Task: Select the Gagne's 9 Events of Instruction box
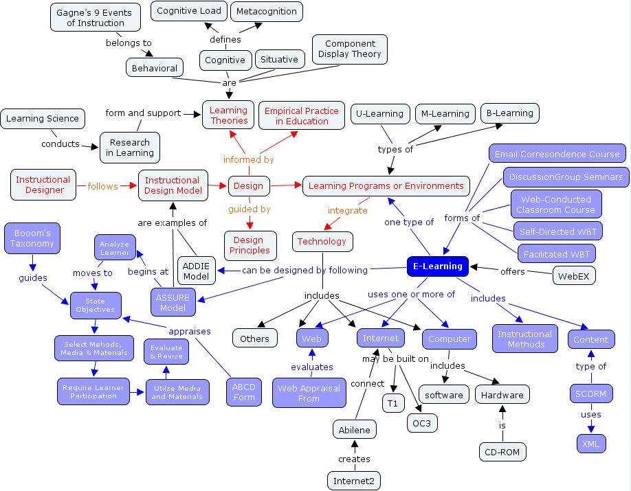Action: pyautogui.click(x=90, y=17)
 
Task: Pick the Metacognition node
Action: pyautogui.click(x=267, y=11)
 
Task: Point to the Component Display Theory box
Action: pyautogui.click(x=349, y=49)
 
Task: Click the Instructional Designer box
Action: pyautogui.click(x=43, y=185)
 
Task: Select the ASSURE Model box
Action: pyautogui.click(x=173, y=303)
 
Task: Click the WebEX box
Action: pyautogui.click(x=574, y=275)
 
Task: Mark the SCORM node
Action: pyautogui.click(x=590, y=393)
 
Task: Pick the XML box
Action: pyautogui.click(x=590, y=444)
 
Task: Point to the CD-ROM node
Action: pyautogui.click(x=502, y=451)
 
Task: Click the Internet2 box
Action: pyautogui.click(x=353, y=481)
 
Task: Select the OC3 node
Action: pyautogui.click(x=421, y=423)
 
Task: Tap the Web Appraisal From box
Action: pyautogui.click(x=309, y=393)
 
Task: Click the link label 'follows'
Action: pyautogui.click(x=102, y=186)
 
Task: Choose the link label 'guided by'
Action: pyautogui.click(x=250, y=209)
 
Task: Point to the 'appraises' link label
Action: pyautogui.click(x=189, y=331)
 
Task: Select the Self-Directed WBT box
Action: pyautogui.click(x=557, y=230)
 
